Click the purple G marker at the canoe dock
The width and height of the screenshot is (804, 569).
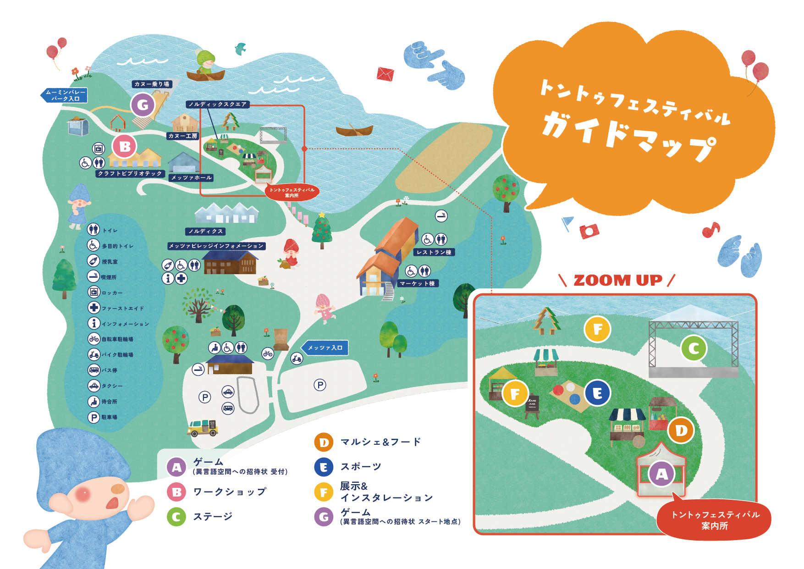(x=143, y=105)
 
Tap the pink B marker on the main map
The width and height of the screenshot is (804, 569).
(x=125, y=147)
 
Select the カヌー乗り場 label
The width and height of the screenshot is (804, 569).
(x=152, y=84)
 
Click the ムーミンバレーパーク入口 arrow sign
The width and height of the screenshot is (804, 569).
(x=64, y=95)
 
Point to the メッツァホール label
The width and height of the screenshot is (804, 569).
(x=191, y=177)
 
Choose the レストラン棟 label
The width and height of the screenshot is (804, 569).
(x=434, y=252)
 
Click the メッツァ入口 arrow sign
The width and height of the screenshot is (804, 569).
(x=325, y=348)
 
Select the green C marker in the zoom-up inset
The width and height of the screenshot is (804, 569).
(x=694, y=348)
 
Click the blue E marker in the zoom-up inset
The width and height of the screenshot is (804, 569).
(x=597, y=393)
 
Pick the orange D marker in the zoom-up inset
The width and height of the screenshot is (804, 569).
(x=681, y=430)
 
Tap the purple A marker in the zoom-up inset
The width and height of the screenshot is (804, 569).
(x=661, y=474)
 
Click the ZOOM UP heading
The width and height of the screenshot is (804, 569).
(x=617, y=280)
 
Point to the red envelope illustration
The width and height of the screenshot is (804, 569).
(x=385, y=73)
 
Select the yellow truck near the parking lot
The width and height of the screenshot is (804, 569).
(x=202, y=427)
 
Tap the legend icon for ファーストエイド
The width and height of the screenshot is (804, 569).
(x=94, y=308)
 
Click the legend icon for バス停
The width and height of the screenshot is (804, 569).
(x=94, y=370)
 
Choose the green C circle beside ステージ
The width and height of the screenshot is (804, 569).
(x=176, y=517)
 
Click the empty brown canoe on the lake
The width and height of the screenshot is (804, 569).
(x=354, y=131)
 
